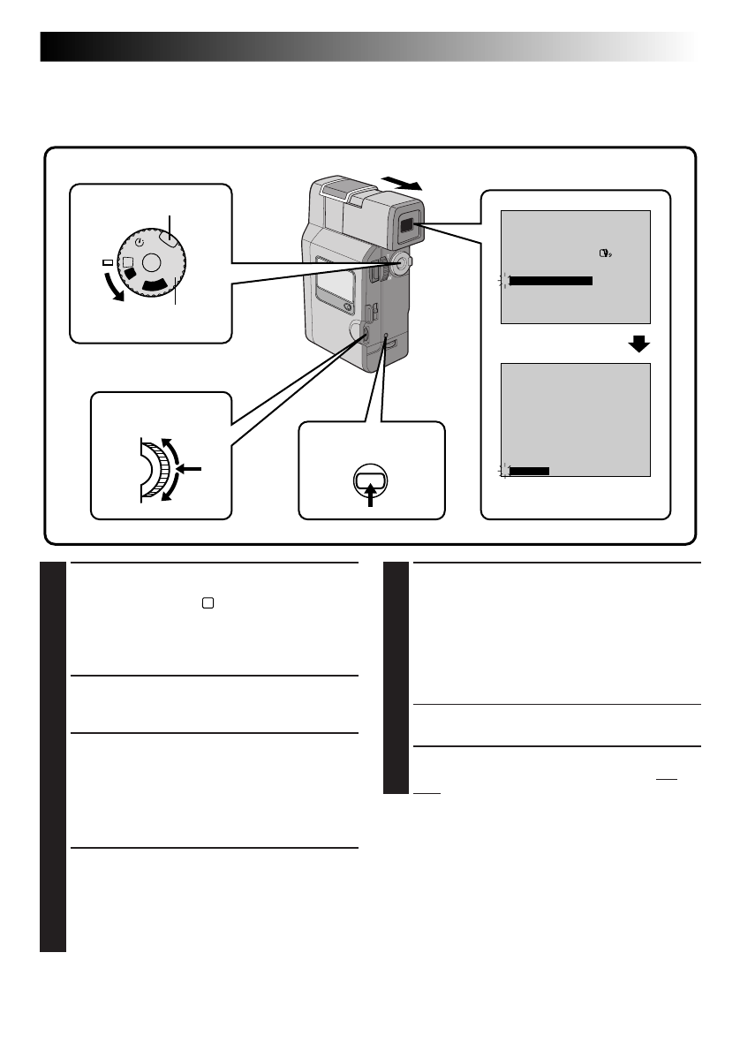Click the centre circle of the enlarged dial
click(152, 261)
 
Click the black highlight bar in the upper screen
click(551, 281)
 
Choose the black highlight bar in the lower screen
click(530, 471)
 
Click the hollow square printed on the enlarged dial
click(129, 261)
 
